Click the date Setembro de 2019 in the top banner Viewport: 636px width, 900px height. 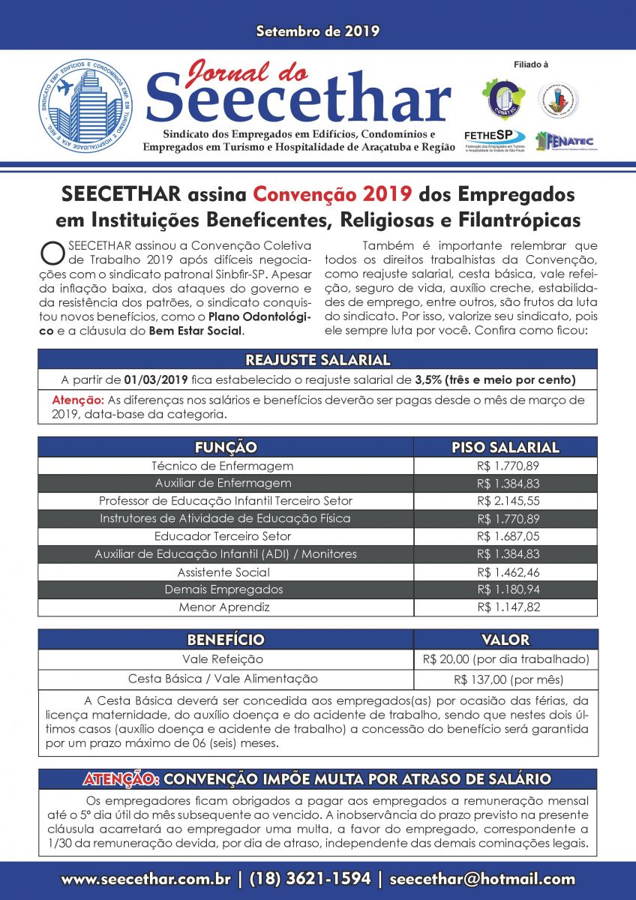[318, 31]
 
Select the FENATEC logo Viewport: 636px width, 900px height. [562, 140]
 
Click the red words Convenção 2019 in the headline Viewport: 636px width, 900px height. [332, 193]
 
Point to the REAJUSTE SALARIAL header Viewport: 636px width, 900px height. [318, 359]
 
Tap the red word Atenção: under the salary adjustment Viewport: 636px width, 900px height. [77, 400]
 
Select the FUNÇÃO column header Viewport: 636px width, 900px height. [226, 447]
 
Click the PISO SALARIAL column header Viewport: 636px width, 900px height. [505, 447]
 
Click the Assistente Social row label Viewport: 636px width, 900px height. [224, 571]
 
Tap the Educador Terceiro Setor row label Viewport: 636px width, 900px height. [223, 536]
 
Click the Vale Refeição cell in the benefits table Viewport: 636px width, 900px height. [223, 659]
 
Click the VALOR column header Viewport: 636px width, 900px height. [505, 640]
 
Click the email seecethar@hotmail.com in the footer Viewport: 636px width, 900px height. [482, 878]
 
